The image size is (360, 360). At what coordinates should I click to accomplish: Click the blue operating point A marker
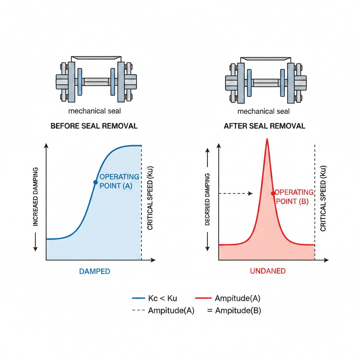click(95, 182)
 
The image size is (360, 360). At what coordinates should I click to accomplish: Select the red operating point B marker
click(273, 193)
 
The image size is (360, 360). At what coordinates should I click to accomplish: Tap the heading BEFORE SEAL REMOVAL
click(94, 126)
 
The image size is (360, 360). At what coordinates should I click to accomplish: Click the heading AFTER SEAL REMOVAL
click(264, 126)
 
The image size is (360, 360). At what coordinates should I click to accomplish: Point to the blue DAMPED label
click(94, 271)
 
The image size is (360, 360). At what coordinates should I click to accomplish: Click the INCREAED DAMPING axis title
click(35, 197)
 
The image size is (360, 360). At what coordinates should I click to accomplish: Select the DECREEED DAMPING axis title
click(207, 199)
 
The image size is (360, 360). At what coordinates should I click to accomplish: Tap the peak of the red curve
click(267, 139)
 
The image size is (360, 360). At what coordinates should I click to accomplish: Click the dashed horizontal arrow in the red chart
click(236, 193)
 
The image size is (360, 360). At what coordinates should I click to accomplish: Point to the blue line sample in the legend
click(138, 298)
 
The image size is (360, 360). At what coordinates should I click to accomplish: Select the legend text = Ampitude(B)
click(234, 311)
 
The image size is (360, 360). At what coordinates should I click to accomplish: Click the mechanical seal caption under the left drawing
click(95, 111)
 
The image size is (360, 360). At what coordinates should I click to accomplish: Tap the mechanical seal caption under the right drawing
click(264, 111)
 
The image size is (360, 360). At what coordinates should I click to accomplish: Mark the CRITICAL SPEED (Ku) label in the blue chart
click(150, 198)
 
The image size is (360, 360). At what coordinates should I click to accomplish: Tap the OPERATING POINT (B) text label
click(294, 197)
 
